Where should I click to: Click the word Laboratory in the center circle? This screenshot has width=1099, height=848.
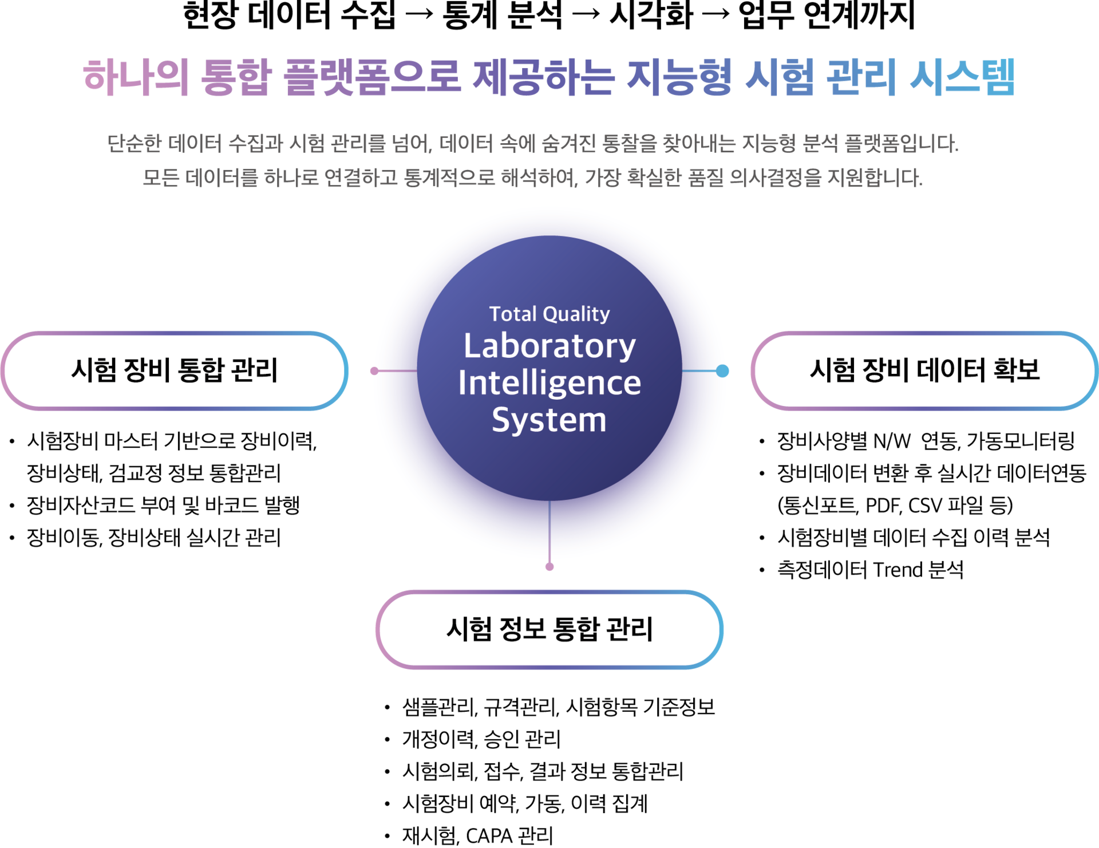(x=549, y=346)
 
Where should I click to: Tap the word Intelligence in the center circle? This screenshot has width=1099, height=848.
(x=549, y=383)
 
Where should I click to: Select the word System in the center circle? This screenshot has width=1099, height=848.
(x=549, y=420)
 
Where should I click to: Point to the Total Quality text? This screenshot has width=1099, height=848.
(x=549, y=314)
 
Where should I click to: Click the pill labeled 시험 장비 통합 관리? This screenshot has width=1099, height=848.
(x=174, y=370)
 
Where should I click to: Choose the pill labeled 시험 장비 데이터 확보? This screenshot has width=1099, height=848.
(x=924, y=370)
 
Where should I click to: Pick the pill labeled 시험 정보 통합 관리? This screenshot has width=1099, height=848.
(x=549, y=629)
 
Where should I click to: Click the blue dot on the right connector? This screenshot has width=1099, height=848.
(x=722, y=371)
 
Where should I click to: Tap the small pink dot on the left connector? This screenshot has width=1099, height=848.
(x=374, y=371)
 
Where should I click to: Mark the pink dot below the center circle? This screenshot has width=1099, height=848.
(x=549, y=567)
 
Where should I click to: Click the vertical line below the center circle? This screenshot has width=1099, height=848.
(x=549, y=533)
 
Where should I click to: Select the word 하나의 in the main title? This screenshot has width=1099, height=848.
(x=136, y=77)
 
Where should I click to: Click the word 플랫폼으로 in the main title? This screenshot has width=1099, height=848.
(x=373, y=77)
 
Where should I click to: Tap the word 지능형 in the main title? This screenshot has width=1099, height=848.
(x=679, y=77)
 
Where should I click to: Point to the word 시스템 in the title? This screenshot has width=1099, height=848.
(x=962, y=77)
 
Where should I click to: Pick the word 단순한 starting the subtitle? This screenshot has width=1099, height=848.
(x=135, y=144)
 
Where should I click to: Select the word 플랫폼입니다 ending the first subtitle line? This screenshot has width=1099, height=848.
(x=901, y=144)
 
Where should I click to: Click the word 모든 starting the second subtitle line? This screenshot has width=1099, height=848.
(x=160, y=178)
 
